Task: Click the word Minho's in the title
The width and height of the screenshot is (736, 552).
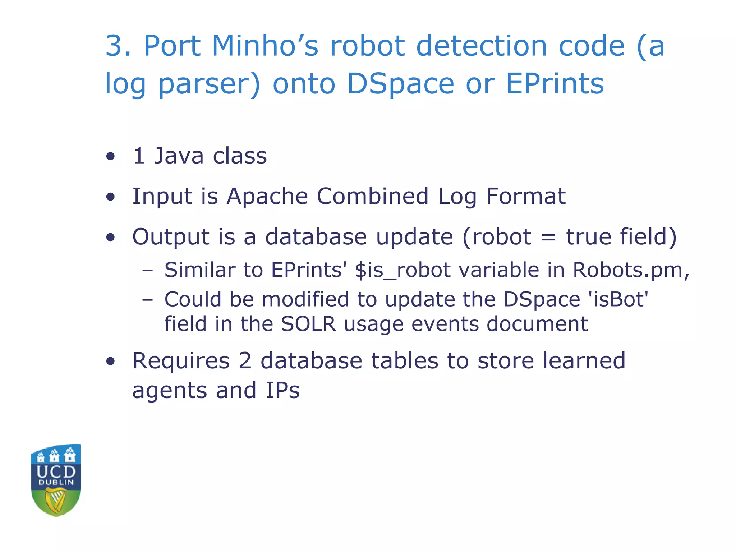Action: tap(265, 46)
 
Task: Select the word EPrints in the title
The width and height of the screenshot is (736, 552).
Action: tap(555, 84)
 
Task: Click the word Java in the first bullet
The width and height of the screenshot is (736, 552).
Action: tap(179, 156)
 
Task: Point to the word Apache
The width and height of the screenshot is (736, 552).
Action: tap(267, 197)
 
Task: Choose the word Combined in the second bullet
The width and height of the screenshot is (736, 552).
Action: tap(373, 197)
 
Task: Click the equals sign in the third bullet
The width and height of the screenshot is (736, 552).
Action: tap(548, 238)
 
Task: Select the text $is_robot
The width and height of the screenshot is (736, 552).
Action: tap(402, 270)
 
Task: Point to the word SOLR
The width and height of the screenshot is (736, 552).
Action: tap(308, 324)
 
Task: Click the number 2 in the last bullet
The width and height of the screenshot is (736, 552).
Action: tap(245, 361)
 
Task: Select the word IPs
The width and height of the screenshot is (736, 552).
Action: tap(282, 391)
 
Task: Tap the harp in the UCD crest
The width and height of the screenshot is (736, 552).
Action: tap(56, 501)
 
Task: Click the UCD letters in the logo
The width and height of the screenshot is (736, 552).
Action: tap(56, 471)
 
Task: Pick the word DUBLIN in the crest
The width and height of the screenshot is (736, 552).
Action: tap(56, 483)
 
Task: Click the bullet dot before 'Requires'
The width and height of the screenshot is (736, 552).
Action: tap(110, 362)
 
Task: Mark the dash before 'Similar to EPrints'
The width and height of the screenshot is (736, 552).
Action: tap(147, 271)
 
